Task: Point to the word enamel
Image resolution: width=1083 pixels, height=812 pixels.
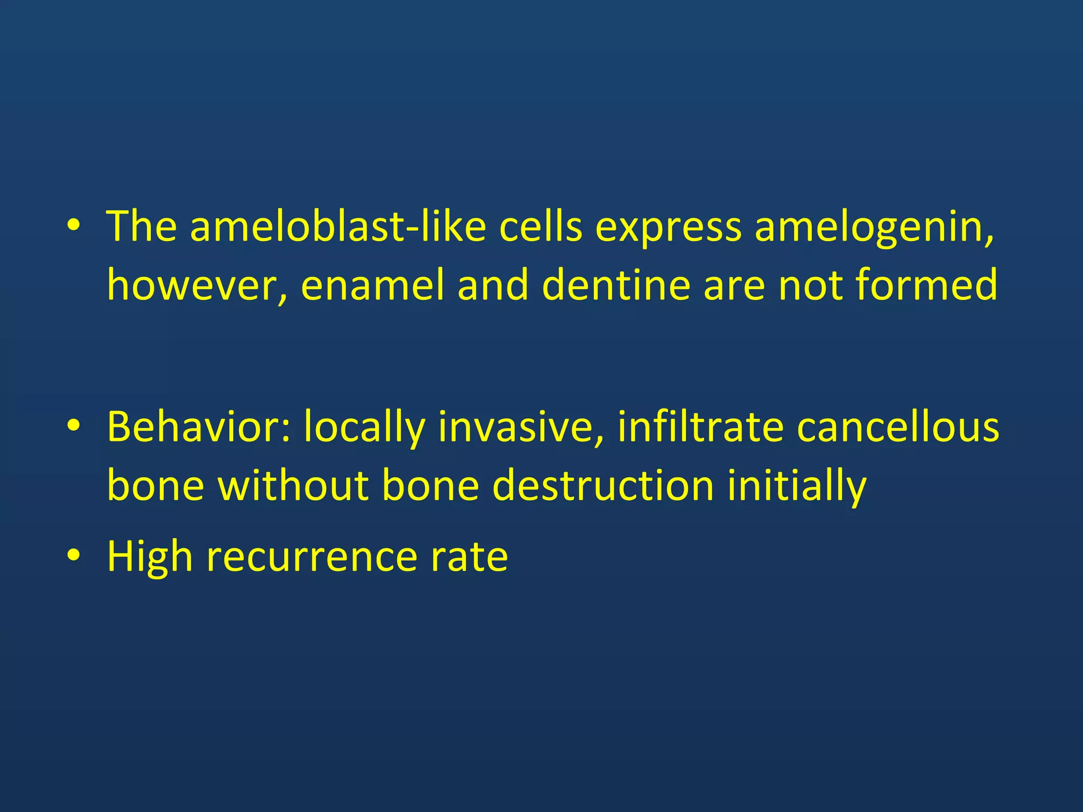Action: [x=372, y=285]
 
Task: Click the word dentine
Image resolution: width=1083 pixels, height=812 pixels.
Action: [x=616, y=285]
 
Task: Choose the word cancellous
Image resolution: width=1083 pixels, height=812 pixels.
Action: [x=898, y=427]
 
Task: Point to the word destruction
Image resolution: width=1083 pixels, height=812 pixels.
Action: [x=603, y=485]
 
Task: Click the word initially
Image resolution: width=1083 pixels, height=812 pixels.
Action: [x=796, y=485]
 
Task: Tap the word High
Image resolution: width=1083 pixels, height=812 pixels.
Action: [x=150, y=557]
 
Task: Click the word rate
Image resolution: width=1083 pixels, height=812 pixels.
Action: [x=469, y=557]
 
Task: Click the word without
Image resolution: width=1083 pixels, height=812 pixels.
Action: [x=293, y=485]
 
